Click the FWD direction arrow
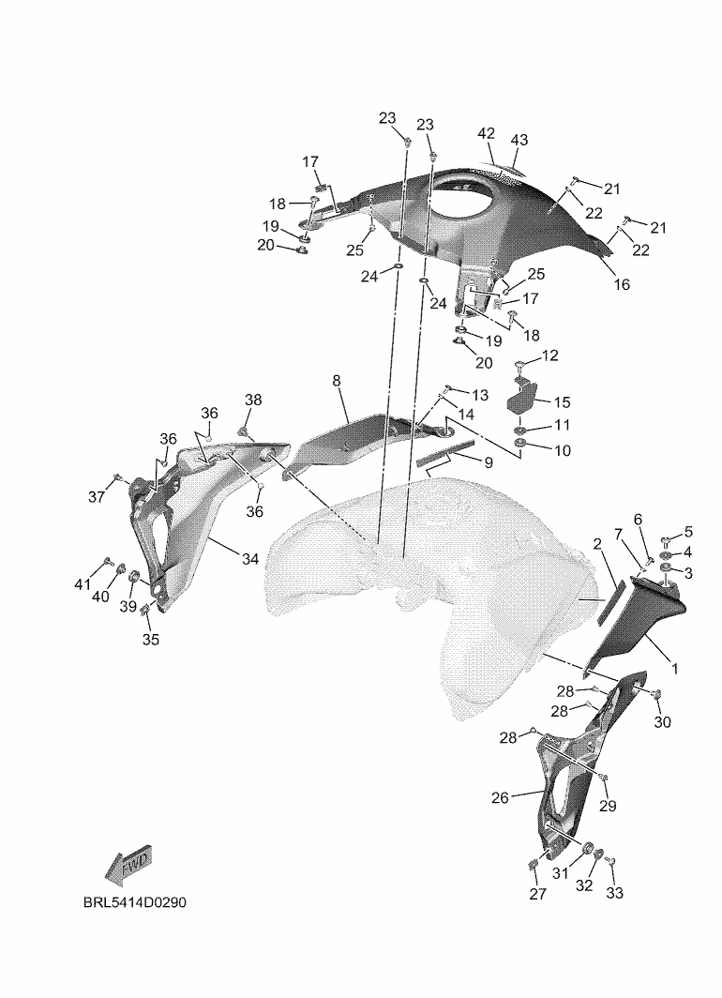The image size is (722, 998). pos(128,866)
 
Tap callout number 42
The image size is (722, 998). pos(486,134)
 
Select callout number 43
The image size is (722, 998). pos(519,140)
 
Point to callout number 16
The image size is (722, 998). pos(622,284)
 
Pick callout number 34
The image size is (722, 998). pos(249,559)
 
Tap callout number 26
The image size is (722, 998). pos(500,798)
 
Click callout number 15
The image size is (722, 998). pos(562,401)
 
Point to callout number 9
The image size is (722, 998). pos(489,461)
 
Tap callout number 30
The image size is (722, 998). pos(662,722)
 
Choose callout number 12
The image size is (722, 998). pos(549,355)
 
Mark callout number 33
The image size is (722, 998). pos(614,894)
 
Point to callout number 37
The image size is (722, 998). pos(96,497)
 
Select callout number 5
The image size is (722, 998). pos(687,533)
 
